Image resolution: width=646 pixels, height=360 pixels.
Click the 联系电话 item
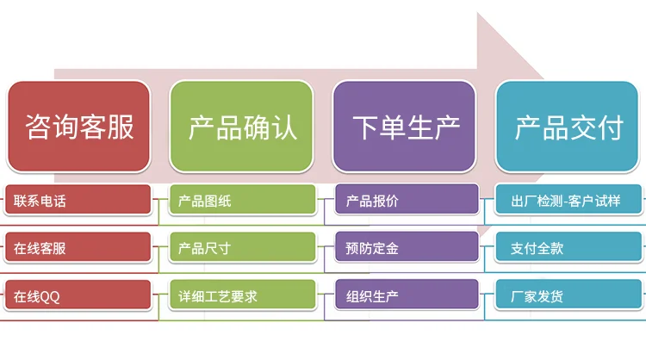[78, 202]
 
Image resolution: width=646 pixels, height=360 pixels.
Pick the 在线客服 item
[78, 249]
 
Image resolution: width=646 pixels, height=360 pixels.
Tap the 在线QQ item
[78, 296]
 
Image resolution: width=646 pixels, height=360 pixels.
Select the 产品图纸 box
[242, 202]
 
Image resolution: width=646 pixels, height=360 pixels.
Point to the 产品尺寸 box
[242, 249]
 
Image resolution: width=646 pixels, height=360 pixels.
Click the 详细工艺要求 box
[242, 296]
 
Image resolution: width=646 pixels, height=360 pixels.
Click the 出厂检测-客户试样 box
[569, 202]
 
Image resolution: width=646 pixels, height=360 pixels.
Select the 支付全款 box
[569, 249]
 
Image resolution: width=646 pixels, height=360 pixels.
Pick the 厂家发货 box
[569, 296]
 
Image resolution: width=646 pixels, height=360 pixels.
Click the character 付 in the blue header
[609, 127]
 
